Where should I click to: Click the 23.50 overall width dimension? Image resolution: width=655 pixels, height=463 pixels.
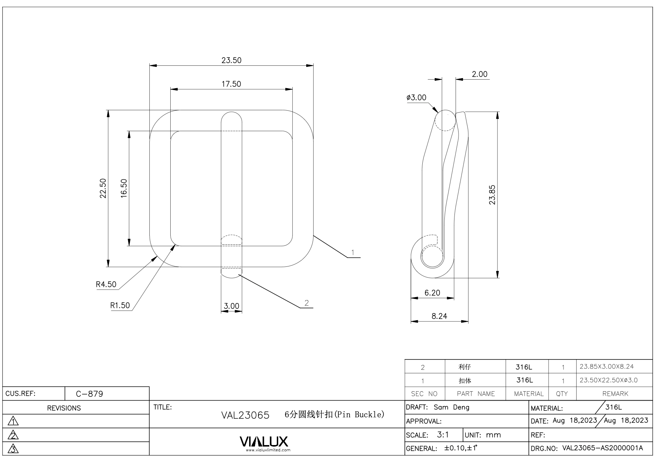click(231, 60)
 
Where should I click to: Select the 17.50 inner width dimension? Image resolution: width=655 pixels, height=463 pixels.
click(231, 84)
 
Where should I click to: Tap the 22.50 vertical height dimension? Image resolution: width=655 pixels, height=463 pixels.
click(103, 188)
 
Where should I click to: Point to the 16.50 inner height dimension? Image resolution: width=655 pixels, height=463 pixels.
click(124, 188)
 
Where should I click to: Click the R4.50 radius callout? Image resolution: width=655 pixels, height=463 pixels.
click(106, 284)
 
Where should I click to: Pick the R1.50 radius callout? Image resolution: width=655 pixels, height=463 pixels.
click(120, 306)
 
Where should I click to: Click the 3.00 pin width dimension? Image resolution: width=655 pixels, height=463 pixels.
click(231, 306)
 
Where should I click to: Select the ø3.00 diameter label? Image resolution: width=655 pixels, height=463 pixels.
click(416, 98)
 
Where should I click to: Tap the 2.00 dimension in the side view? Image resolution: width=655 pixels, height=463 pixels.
click(479, 74)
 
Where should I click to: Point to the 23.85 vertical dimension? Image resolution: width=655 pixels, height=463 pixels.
click(492, 195)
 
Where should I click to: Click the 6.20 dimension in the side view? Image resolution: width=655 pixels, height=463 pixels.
click(432, 293)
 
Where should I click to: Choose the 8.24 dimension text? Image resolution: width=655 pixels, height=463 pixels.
click(439, 316)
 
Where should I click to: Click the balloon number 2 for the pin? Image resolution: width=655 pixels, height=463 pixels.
click(307, 303)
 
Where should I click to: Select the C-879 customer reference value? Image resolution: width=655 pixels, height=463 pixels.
click(89, 394)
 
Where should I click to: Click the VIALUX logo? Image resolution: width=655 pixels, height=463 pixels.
click(264, 442)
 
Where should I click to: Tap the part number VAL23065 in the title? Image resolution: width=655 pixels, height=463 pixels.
click(245, 415)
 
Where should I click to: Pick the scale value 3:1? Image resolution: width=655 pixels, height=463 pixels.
click(443, 435)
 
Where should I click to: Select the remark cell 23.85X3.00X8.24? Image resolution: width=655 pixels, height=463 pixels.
click(606, 367)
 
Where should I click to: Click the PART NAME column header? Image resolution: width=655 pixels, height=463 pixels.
click(475, 394)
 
